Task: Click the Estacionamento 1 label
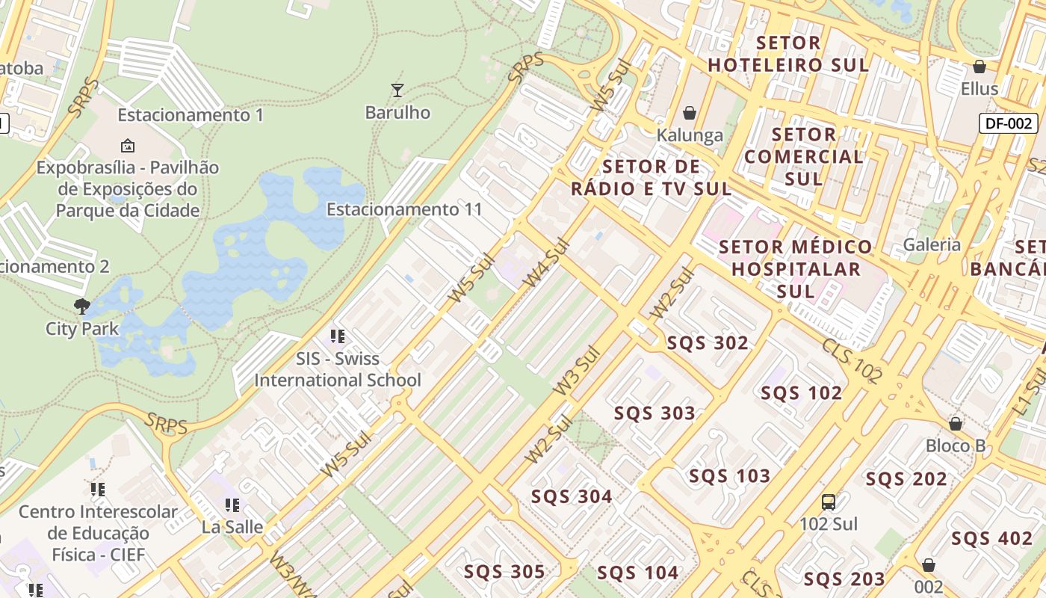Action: [191, 115]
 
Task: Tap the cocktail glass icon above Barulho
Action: [397, 90]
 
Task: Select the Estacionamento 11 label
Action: [405, 209]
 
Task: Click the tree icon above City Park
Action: [82, 306]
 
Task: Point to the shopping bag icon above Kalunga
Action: [690, 113]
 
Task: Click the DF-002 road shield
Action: [1009, 123]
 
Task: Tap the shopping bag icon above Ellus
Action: [980, 67]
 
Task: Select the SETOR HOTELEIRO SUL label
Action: [788, 54]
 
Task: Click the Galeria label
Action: [932, 244]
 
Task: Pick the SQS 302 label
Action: [708, 343]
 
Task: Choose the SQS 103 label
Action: [729, 476]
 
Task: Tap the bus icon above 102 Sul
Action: [829, 502]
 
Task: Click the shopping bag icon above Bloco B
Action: [956, 424]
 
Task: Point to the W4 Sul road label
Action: [546, 263]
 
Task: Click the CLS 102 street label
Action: [852, 361]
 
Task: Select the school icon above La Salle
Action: [232, 505]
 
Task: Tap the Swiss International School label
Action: [338, 369]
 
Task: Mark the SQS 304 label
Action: [572, 496]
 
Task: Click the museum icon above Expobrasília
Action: [128, 145]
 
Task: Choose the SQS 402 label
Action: [991, 538]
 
